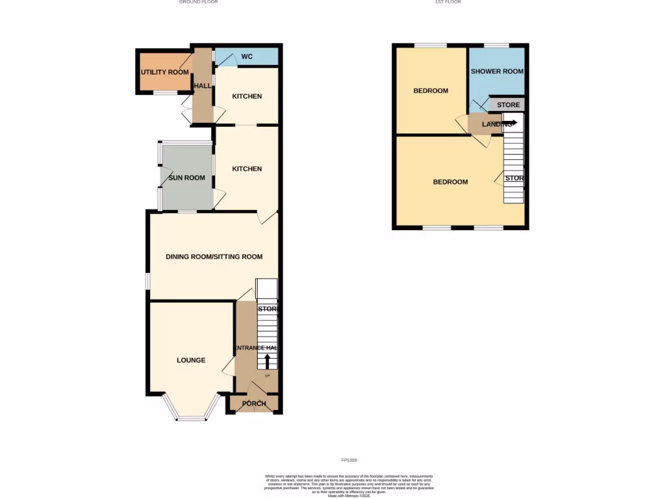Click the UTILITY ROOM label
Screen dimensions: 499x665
[x=165, y=72]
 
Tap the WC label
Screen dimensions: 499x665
[x=247, y=57]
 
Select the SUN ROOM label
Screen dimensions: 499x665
[x=186, y=178]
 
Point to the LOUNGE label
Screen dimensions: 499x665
[x=191, y=360]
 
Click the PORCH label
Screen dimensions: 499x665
[x=254, y=403]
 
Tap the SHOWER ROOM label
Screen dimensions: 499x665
[x=497, y=71]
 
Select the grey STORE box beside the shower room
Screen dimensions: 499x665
[x=508, y=105]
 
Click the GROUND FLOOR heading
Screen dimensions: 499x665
[x=198, y=2]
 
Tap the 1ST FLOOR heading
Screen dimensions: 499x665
[x=448, y=2]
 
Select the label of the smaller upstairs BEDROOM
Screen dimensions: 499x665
[x=431, y=91]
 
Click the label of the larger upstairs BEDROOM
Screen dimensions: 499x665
[x=450, y=182]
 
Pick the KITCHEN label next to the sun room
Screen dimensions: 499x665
[x=247, y=169]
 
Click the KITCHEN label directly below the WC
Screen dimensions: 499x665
[x=247, y=97]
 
